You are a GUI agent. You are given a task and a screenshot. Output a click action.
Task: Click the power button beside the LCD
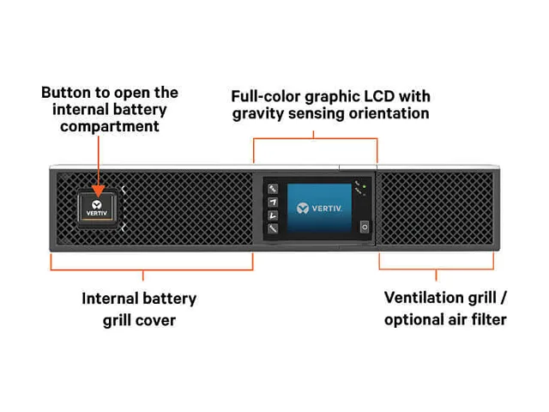pos(365,227)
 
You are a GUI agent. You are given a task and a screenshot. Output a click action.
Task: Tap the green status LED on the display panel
pos(365,187)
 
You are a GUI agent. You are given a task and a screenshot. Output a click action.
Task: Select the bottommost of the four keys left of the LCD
pos(273,229)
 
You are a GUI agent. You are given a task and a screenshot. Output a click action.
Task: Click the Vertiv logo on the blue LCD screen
pos(319,208)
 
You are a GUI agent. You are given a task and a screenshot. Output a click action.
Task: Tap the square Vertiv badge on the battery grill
pos(98,208)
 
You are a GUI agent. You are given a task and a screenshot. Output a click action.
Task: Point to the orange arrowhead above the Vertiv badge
pos(99,191)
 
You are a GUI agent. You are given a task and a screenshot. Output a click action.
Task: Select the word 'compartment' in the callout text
pos(110,127)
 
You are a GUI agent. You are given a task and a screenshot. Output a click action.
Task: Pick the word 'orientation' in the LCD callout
pos(389,113)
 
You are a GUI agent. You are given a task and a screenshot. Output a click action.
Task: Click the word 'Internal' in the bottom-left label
pos(111,299)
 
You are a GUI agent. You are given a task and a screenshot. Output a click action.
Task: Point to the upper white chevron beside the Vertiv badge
pos(124,190)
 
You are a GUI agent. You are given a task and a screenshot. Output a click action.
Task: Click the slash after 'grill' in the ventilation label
pos(504,298)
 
